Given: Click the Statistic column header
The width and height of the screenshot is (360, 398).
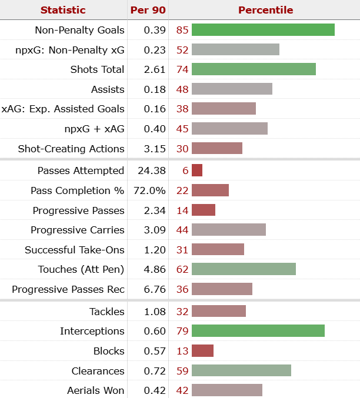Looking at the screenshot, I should click(63, 10).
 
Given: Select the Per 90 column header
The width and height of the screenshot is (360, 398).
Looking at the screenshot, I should click(147, 10).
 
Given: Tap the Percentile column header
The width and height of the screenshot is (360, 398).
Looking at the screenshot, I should click(265, 10).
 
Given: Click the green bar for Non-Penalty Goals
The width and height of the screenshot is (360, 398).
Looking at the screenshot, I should click(263, 30).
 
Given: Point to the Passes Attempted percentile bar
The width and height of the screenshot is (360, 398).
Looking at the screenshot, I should click(197, 170).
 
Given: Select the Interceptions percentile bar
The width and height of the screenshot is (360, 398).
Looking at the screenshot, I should click(258, 331).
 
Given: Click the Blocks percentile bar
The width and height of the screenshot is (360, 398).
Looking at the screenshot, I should click(202, 351).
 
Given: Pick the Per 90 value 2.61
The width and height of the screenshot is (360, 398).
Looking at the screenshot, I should click(155, 69).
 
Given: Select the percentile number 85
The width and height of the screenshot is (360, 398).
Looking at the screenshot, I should click(182, 30).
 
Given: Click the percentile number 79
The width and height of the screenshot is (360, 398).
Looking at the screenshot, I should click(182, 331).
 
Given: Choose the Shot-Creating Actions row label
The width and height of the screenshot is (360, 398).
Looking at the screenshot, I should click(71, 149).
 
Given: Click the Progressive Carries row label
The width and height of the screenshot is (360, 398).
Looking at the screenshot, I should click(78, 230).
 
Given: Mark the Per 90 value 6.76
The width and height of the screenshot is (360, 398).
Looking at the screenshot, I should click(155, 289).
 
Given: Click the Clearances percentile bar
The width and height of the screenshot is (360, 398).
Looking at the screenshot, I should click(241, 371).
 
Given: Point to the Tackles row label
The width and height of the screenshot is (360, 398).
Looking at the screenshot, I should click(107, 312).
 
